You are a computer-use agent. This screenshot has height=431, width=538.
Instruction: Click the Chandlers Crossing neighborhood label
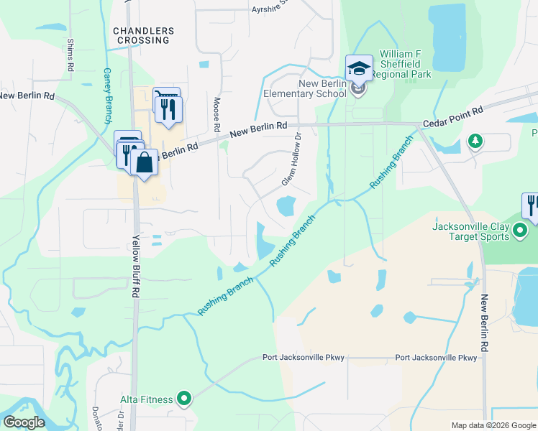pyautogui.click(x=143, y=35)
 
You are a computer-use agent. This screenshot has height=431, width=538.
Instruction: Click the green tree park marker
pyautogui.click(x=475, y=141)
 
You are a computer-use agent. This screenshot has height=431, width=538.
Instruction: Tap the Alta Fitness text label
pyautogui.click(x=147, y=399)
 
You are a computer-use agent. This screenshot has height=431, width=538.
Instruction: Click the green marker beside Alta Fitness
pyautogui.click(x=184, y=397)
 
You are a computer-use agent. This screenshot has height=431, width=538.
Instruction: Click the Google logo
pyautogui.click(x=24, y=422)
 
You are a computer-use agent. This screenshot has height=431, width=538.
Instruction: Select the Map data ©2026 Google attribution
pyautogui.click(x=493, y=425)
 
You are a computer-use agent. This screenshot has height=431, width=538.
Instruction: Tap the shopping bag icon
pyautogui.click(x=144, y=163)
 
